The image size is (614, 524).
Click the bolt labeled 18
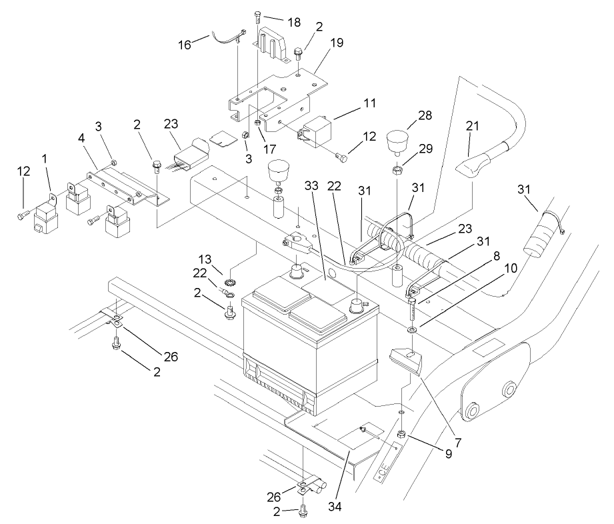point(258,16)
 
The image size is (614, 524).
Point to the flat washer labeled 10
point(411,329)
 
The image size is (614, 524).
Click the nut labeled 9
point(402,435)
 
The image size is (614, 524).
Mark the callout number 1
point(45,161)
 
